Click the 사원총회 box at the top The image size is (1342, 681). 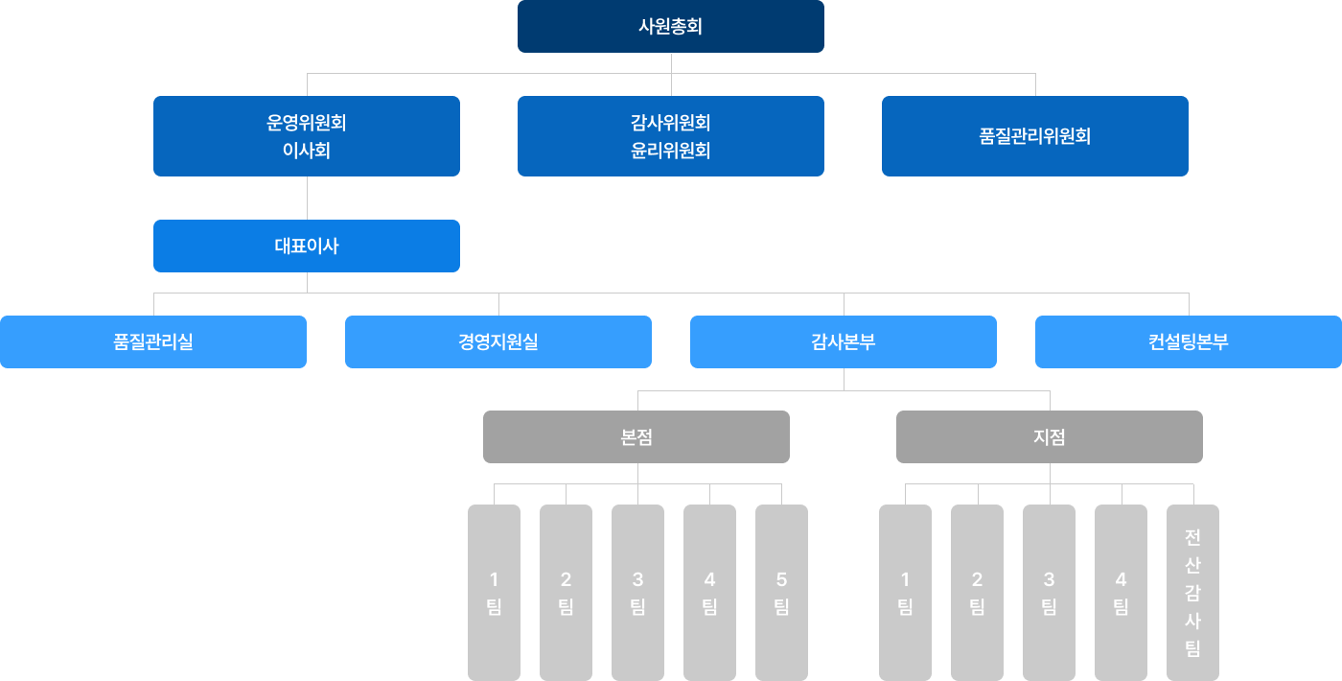[x=671, y=26]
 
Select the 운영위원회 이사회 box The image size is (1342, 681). [x=307, y=135]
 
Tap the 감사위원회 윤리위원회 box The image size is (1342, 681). [x=671, y=135]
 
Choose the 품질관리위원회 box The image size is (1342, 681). [x=1035, y=135]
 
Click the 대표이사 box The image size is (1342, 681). [x=307, y=246]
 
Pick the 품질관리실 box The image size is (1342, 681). [x=153, y=341]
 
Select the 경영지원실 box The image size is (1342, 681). [x=498, y=341]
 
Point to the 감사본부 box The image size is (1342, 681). [x=844, y=341]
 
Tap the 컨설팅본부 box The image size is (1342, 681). [x=1189, y=341]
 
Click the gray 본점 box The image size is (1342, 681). [x=636, y=436]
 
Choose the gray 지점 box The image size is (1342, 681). [x=1050, y=436]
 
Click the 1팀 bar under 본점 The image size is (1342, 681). [x=494, y=592]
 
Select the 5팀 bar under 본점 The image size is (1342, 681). [x=781, y=592]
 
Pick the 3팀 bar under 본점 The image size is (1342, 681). [x=637, y=592]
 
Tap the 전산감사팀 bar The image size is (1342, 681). [x=1192, y=592]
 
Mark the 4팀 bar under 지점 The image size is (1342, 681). [x=1121, y=592]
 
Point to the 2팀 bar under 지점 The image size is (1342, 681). [x=977, y=592]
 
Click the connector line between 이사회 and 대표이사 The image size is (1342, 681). [x=307, y=198]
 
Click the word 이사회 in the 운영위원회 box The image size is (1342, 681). [x=307, y=151]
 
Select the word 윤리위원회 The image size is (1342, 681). [x=671, y=151]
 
